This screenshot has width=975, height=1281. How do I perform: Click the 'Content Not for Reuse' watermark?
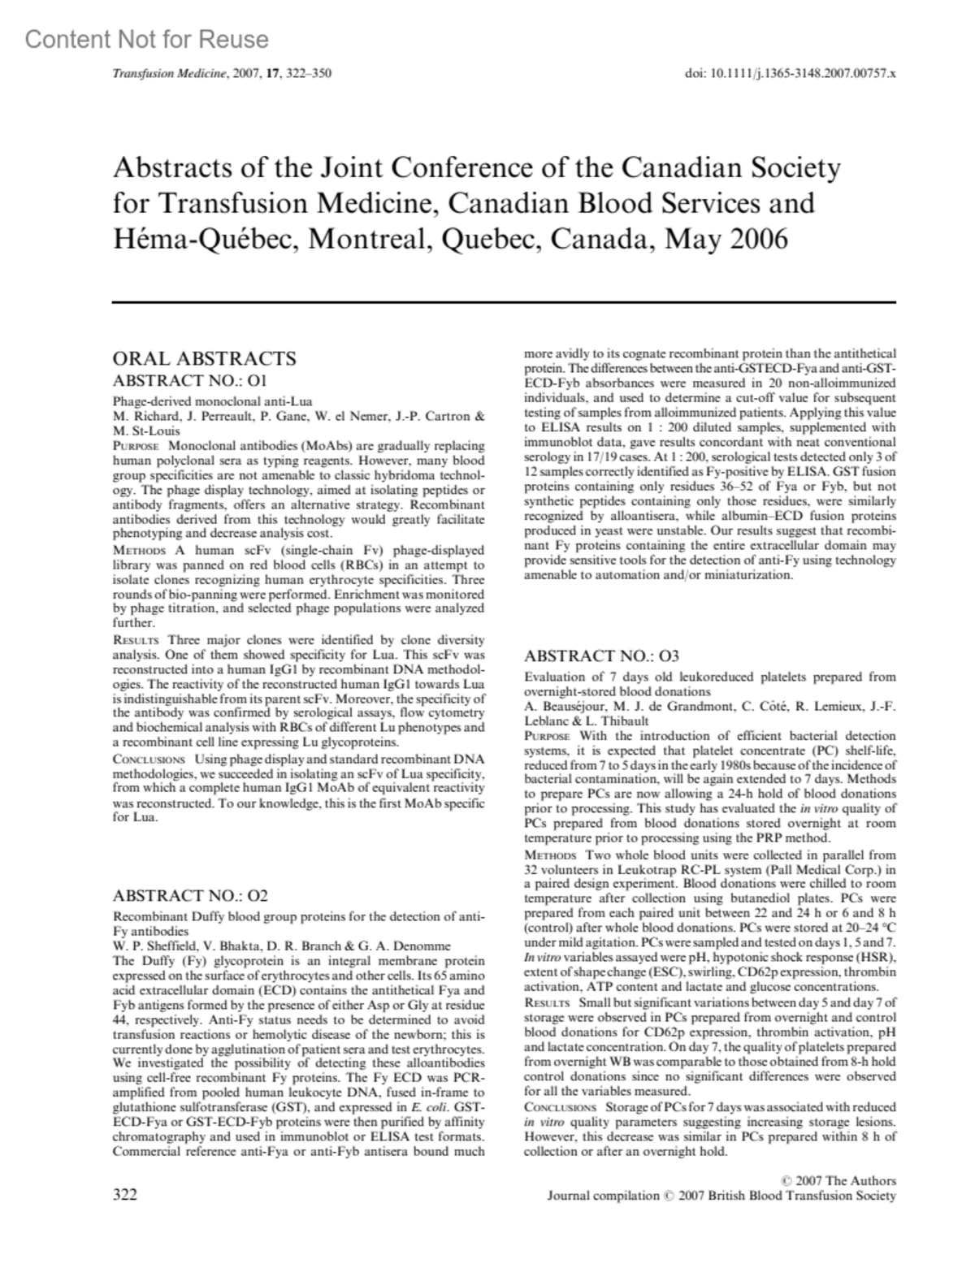147,40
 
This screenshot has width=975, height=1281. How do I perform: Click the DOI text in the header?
791,73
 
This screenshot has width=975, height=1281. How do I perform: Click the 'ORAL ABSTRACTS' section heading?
204,359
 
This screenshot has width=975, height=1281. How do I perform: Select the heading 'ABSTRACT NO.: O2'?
190,896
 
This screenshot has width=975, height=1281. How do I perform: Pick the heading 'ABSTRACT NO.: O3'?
601,656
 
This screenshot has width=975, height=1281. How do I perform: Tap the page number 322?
125,1194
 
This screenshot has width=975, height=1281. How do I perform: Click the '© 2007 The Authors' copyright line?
837,1180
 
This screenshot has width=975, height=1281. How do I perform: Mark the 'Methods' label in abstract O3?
550,855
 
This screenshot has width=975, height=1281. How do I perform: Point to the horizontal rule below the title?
503,302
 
